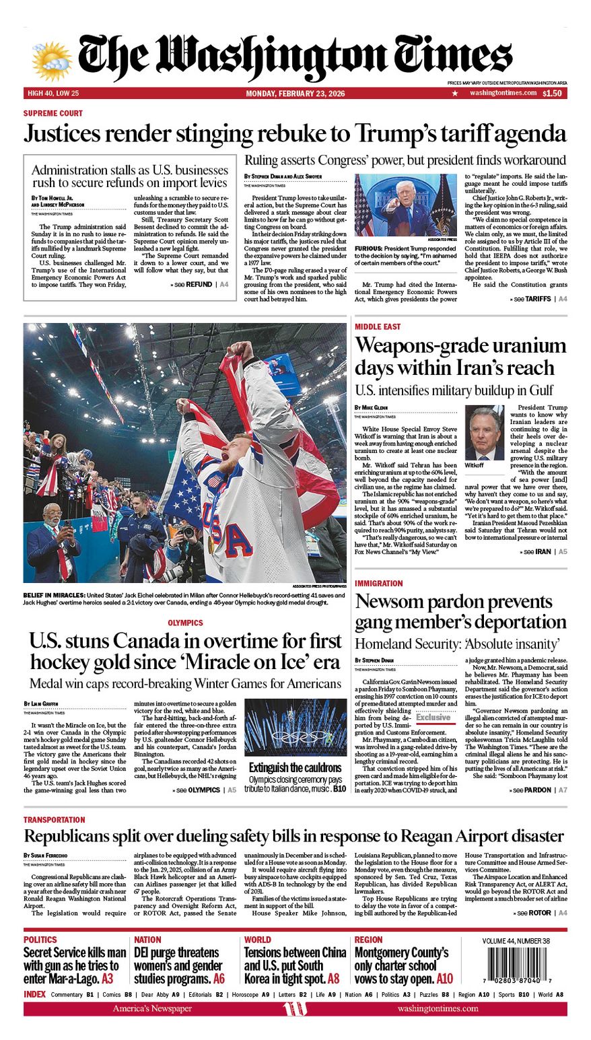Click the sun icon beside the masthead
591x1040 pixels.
tap(51, 61)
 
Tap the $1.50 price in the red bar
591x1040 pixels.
tap(552, 94)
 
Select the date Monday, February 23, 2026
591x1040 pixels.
tap(295, 94)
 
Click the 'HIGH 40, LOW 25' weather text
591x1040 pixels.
tap(53, 94)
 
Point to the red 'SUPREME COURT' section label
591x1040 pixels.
tap(53, 113)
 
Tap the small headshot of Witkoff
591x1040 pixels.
tap(484, 432)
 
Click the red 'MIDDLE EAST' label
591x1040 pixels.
tap(378, 326)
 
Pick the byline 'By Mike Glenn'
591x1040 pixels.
tap(371, 408)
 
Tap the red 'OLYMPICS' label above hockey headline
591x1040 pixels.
tap(185, 623)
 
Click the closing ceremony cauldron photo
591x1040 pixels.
tap(295, 727)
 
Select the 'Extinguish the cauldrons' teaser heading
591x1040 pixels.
tap(295, 767)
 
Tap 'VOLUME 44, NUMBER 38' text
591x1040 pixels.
tap(516, 941)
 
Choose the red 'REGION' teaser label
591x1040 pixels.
tap(368, 940)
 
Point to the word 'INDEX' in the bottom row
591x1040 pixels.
tap(34, 994)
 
